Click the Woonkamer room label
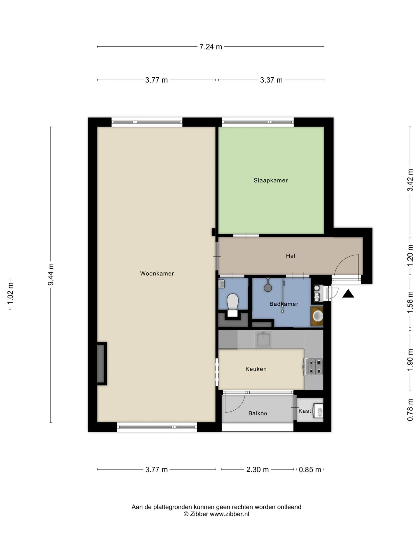pos(157,274)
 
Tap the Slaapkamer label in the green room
pos(271,181)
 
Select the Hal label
pos(290,256)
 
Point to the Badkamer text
pos(284,304)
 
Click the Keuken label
pos(256,369)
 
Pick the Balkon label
pos(258,413)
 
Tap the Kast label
pos(305,411)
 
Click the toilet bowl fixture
pos(233,301)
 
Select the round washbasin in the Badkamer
pos(318,316)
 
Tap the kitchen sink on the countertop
pos(263,339)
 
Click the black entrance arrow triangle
pos(348,294)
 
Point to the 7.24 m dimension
pos(211,47)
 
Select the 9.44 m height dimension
pos(51,274)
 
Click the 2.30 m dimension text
pos(258,470)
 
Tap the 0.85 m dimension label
pos(310,470)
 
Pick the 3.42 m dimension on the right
pos(410,180)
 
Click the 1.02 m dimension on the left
pos(10,294)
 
